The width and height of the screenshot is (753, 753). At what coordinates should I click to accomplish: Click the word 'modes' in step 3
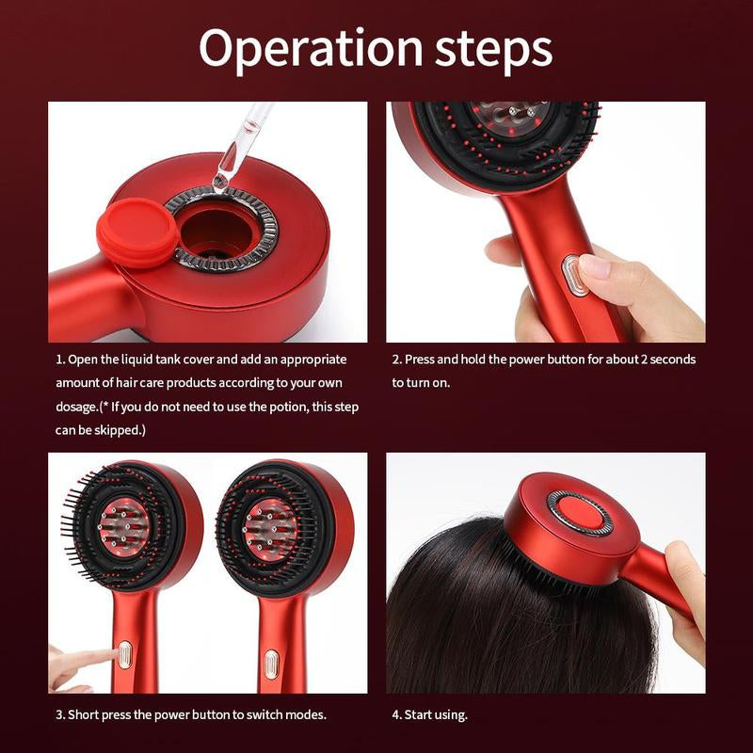point(305,714)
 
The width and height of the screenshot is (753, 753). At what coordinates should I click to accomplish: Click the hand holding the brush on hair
point(683,588)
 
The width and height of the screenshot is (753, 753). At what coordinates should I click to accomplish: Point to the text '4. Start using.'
point(429,714)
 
